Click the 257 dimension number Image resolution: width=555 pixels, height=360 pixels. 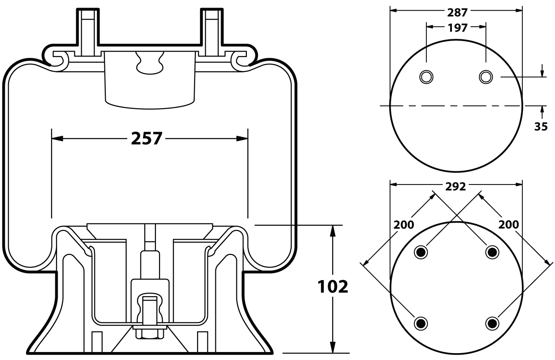click(x=147, y=139)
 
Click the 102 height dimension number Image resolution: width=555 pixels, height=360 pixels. click(x=333, y=287)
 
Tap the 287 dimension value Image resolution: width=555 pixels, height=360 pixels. click(x=457, y=13)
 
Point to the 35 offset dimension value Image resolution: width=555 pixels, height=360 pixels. click(x=541, y=127)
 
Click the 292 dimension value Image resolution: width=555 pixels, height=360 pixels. click(x=455, y=186)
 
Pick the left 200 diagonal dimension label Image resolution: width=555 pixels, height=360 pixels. click(x=404, y=225)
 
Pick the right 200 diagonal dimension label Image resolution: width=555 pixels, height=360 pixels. click(x=509, y=225)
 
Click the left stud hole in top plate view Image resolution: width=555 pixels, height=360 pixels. click(x=426, y=77)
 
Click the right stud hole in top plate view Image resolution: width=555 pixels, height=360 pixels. click(x=486, y=77)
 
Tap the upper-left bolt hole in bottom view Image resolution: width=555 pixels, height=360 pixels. click(x=421, y=252)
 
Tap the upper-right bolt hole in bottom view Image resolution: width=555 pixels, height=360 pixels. click(x=492, y=252)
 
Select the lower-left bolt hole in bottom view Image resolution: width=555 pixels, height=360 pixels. click(x=421, y=323)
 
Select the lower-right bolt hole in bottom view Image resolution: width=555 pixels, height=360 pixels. click(x=492, y=323)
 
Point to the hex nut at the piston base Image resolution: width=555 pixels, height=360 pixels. click(x=150, y=334)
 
